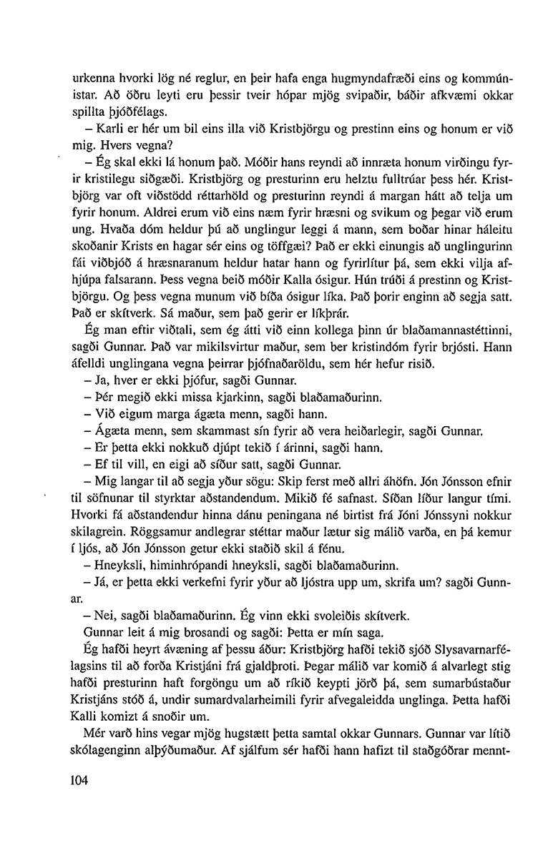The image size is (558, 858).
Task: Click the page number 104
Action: (74, 781)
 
